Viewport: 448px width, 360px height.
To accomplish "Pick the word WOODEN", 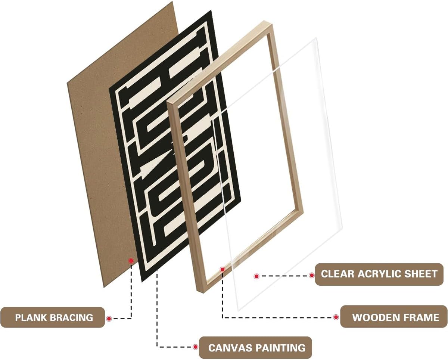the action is [376, 317].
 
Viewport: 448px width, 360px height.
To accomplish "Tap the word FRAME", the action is [421, 317].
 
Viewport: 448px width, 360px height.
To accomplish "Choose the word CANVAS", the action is [230, 348].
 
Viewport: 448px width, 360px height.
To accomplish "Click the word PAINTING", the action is [280, 348].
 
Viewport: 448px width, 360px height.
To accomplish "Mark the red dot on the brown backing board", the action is [131, 260].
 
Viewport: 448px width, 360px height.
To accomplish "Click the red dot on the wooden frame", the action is [223, 269].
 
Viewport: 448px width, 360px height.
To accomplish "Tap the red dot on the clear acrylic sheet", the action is [256, 276].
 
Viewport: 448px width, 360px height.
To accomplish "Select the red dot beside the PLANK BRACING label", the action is [109, 319].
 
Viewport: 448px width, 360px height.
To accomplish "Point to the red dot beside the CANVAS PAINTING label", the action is [195, 347].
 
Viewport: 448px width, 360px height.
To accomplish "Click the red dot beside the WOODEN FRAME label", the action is [336, 317].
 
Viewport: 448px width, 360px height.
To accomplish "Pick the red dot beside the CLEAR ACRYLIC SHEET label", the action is [312, 276].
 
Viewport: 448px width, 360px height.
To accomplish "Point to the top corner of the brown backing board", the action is [172, 1].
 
